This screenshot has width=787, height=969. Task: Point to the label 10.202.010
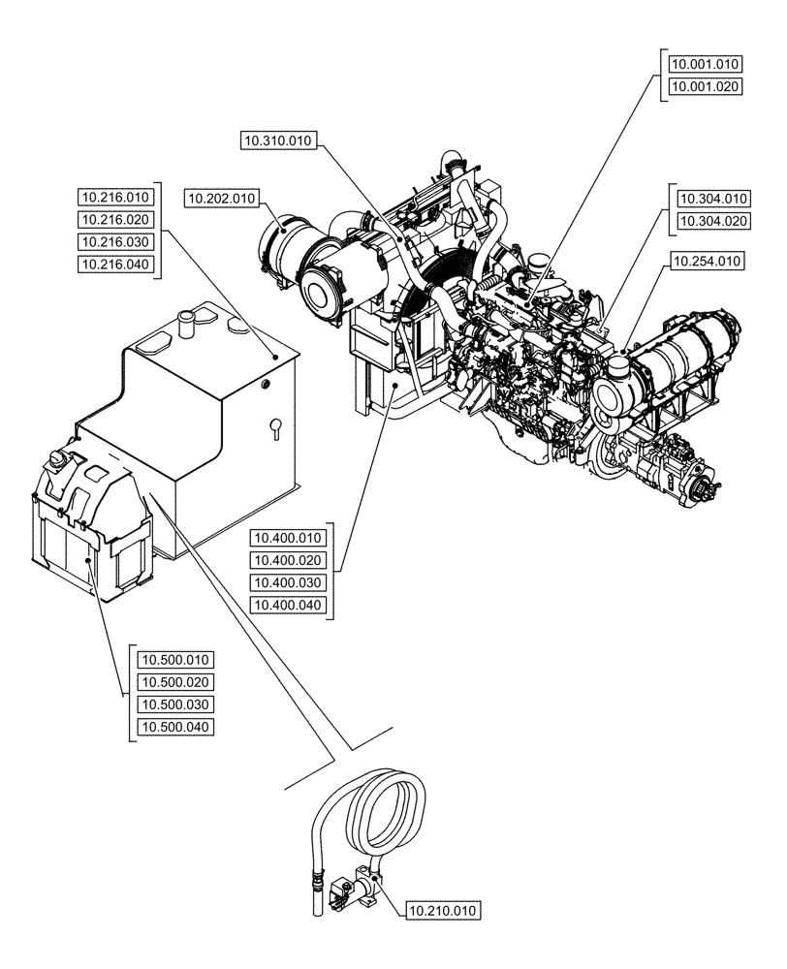click(222, 199)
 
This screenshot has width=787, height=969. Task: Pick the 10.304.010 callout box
click(714, 199)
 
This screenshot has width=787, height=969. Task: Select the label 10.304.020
click(714, 221)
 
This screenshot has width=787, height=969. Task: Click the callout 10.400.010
click(290, 539)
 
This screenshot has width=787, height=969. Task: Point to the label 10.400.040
click(290, 606)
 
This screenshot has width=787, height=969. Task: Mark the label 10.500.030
click(175, 704)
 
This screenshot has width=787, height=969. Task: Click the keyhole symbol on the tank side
click(274, 425)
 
